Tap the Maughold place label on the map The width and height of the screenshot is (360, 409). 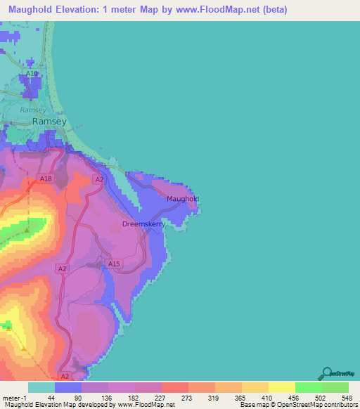(183, 199)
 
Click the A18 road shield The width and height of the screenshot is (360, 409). (46, 179)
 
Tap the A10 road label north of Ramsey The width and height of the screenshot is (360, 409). (31, 74)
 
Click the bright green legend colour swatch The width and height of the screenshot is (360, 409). (308, 387)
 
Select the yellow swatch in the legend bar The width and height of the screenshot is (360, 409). (281, 387)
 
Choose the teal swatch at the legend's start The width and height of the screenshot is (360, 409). (41, 387)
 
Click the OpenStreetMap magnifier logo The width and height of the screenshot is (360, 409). (326, 374)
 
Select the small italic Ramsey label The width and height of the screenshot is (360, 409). (33, 110)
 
